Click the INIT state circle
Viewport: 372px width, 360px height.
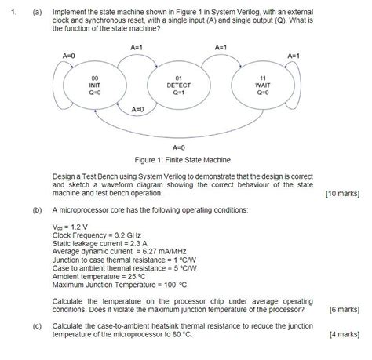point(93,85)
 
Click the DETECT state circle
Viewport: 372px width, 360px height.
point(178,85)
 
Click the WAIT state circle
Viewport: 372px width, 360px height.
point(263,85)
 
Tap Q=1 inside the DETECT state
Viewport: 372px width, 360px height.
point(178,93)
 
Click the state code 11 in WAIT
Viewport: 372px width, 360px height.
point(263,77)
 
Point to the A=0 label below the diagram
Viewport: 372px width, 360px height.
point(178,145)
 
